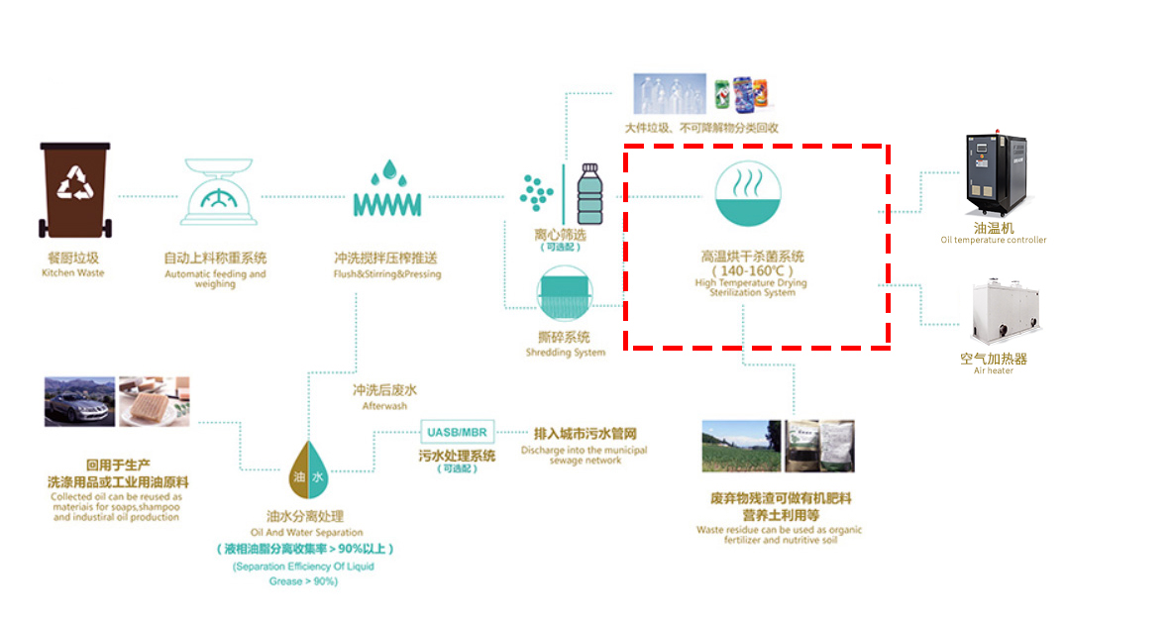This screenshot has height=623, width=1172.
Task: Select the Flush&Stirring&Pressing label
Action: click(387, 274)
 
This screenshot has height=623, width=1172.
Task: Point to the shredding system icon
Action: click(565, 294)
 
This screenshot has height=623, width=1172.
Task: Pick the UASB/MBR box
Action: click(456, 433)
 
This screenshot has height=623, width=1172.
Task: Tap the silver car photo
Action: click(79, 401)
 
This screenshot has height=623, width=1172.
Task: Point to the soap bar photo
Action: click(153, 401)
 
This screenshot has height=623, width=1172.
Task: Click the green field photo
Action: click(741, 446)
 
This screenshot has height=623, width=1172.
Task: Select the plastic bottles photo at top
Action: click(671, 94)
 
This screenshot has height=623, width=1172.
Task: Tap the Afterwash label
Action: click(384, 406)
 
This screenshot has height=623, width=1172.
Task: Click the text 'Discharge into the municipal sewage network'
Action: click(585, 455)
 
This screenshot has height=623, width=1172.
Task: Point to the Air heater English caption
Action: click(993, 370)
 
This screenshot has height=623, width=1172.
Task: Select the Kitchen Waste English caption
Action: click(72, 273)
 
